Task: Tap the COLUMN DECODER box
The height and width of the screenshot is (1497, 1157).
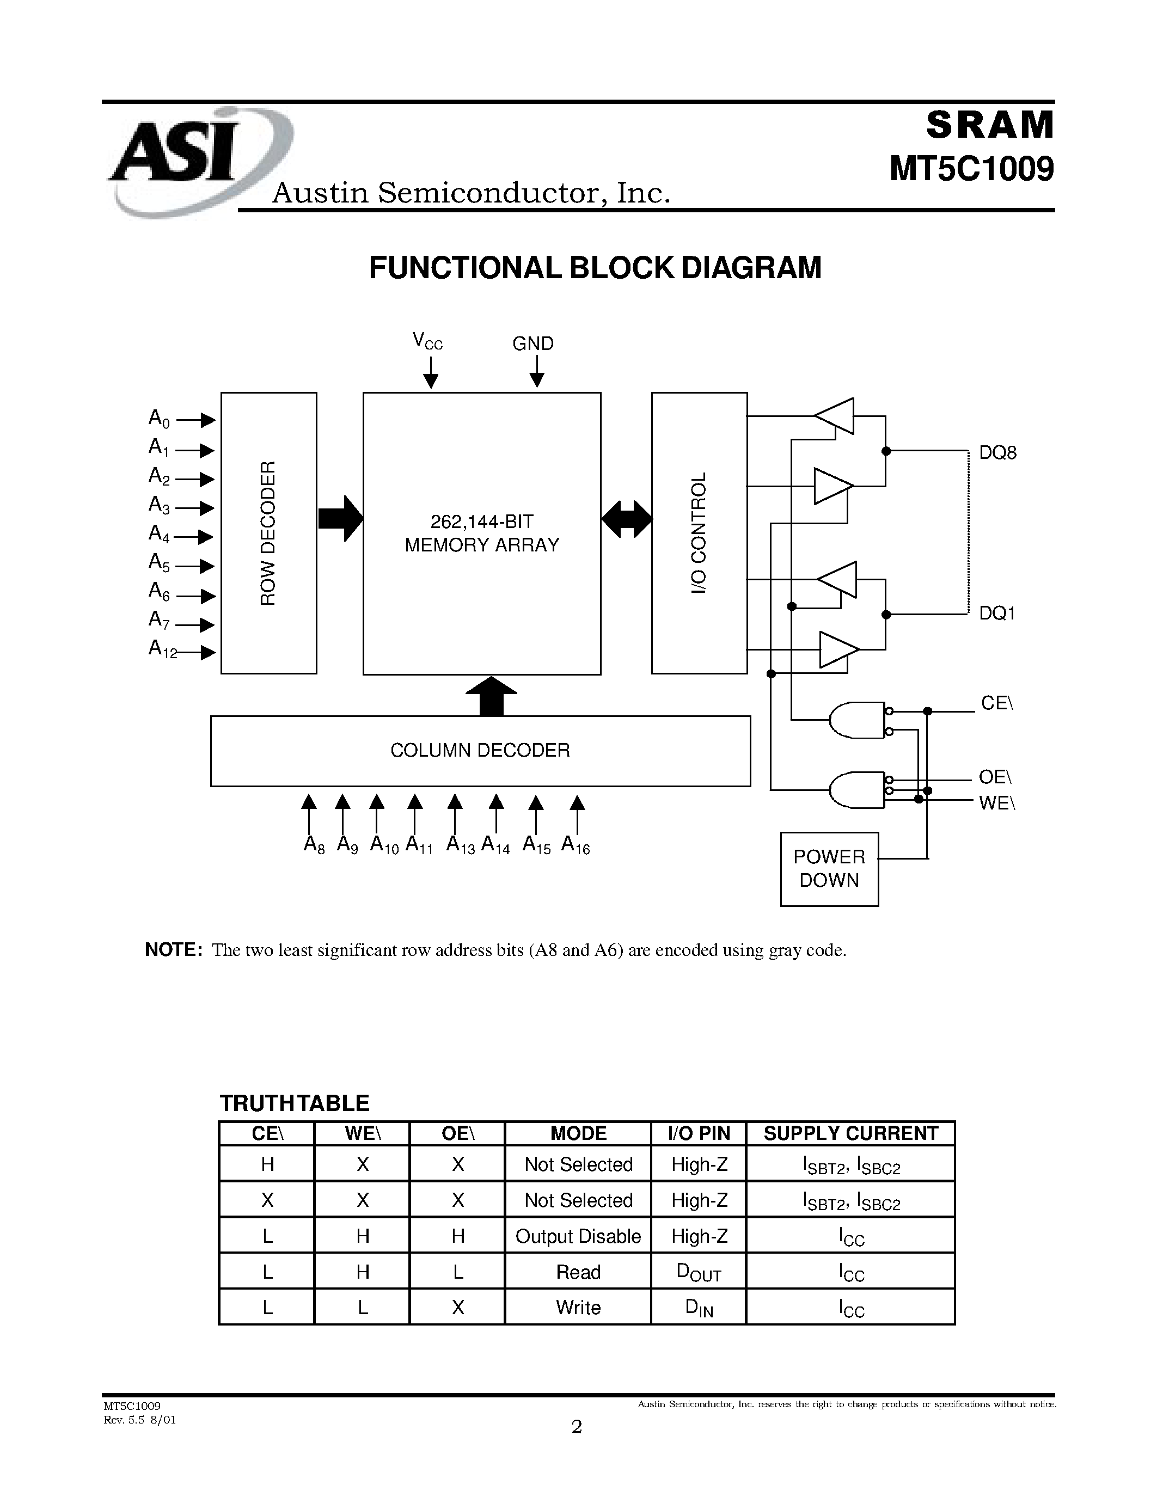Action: pyautogui.click(x=480, y=751)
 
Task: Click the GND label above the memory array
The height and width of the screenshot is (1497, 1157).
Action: pyautogui.click(x=532, y=343)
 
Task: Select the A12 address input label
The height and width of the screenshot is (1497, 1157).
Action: pyautogui.click(x=162, y=649)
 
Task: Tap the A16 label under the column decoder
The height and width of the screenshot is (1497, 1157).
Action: pyautogui.click(x=575, y=845)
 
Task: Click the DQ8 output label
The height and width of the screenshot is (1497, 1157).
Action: pyautogui.click(x=997, y=452)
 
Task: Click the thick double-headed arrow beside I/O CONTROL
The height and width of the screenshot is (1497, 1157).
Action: pyautogui.click(x=627, y=519)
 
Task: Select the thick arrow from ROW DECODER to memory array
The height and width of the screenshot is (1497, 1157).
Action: pyautogui.click(x=341, y=518)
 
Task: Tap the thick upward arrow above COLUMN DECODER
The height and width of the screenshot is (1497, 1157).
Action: pyautogui.click(x=491, y=696)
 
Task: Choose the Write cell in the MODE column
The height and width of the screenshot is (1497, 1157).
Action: pyautogui.click(x=578, y=1307)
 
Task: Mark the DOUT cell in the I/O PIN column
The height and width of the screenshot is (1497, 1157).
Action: pyautogui.click(x=699, y=1272)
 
